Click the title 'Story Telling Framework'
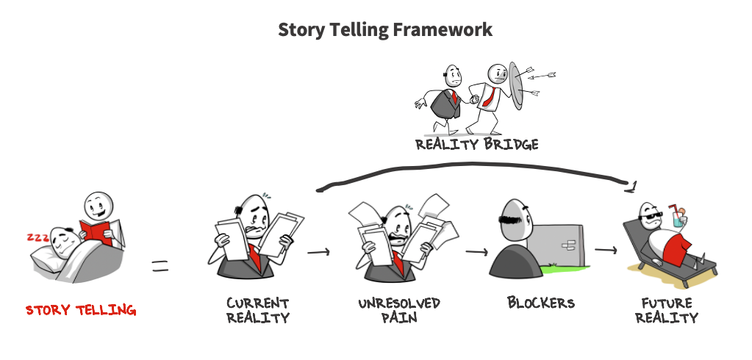tap(385, 30)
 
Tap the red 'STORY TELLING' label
tap(81, 310)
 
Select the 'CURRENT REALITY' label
tap(258, 311)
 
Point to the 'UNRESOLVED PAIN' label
tap(399, 311)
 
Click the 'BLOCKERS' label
tap(540, 303)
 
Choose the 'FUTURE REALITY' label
tap(667, 311)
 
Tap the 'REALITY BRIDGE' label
tap(477, 144)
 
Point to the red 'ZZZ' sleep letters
tap(38, 237)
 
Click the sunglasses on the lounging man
tap(651, 219)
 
